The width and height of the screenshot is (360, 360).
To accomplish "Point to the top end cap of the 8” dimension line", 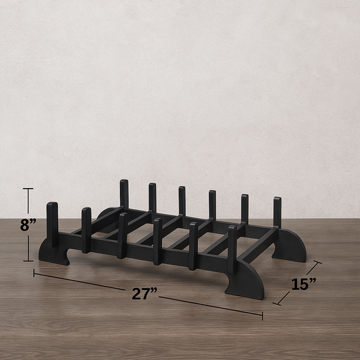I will (28, 189).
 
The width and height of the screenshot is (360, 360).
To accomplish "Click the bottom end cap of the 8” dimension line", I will (28, 260).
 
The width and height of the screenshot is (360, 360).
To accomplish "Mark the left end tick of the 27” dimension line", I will (34, 273).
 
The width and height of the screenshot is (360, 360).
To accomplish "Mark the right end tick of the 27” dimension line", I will (262, 315).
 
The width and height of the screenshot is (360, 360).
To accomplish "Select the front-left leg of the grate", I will (53, 252).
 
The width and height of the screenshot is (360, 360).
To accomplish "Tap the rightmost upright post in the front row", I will (232, 248).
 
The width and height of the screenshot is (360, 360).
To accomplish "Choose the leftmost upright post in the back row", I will (124, 193).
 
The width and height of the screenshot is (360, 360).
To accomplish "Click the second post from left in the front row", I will (86, 229).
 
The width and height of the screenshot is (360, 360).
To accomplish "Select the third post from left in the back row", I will (182, 200).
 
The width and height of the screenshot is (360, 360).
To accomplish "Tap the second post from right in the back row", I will (245, 208).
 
